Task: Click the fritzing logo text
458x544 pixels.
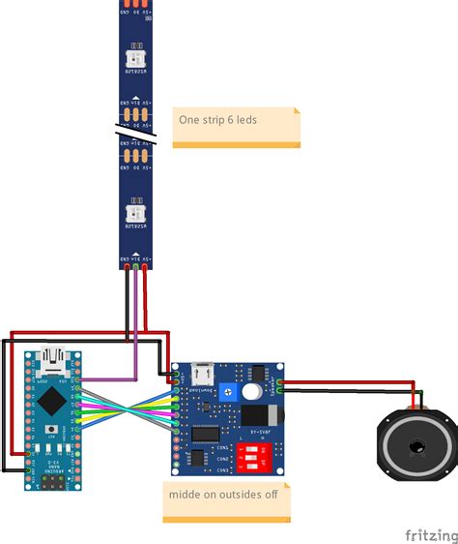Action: (430, 534)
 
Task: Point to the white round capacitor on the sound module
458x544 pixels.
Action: (251, 392)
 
